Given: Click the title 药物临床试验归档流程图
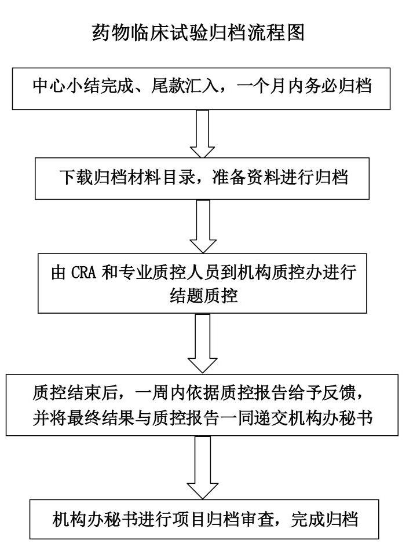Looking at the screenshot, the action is (x=198, y=33).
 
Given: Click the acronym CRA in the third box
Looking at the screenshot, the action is (x=83, y=273).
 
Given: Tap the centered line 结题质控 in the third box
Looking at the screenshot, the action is (x=203, y=296).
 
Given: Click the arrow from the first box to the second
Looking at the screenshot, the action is (x=203, y=134).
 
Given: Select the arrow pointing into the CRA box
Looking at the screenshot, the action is (x=203, y=226).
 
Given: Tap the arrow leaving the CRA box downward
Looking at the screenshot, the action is (x=202, y=343).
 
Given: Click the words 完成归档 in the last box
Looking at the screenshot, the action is (x=325, y=519).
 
